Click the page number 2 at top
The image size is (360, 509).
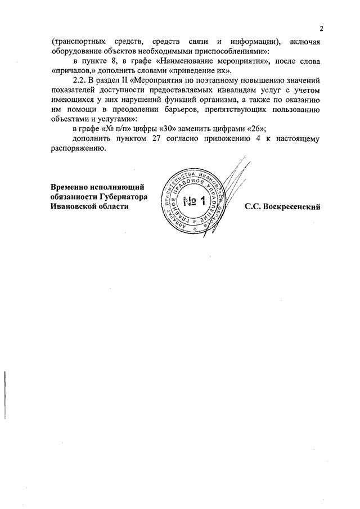(x=321, y=29)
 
